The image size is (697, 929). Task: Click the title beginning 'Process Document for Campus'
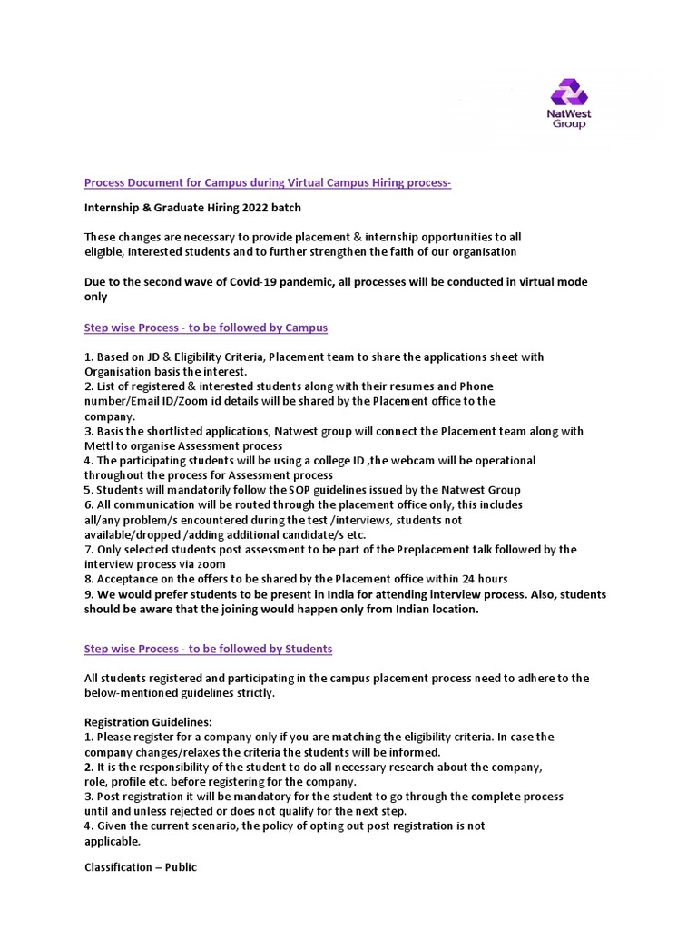tap(267, 183)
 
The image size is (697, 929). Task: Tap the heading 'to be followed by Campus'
tap(206, 327)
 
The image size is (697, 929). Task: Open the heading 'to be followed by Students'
tap(208, 649)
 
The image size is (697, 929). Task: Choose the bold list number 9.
tap(89, 594)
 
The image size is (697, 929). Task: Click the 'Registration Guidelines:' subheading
tap(149, 722)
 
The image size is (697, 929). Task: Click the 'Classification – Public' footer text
tap(141, 867)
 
